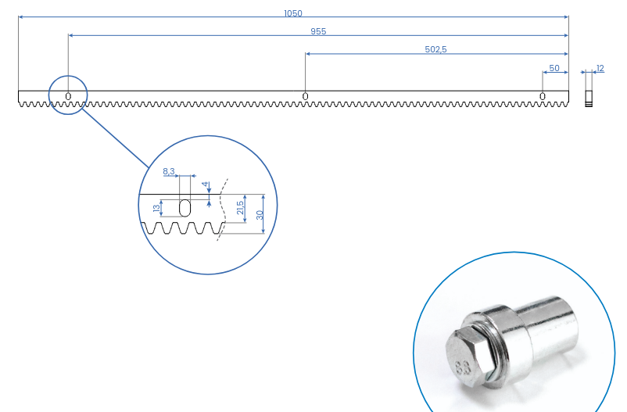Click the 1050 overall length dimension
[293, 13]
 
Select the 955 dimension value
[318, 31]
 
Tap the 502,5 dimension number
[435, 49]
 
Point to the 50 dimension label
[554, 68]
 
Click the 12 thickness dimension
[600, 68]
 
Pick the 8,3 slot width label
[169, 171]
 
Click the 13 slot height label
[156, 208]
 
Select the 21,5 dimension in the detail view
[239, 208]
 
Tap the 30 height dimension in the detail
[260, 215]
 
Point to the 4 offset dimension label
[205, 184]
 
